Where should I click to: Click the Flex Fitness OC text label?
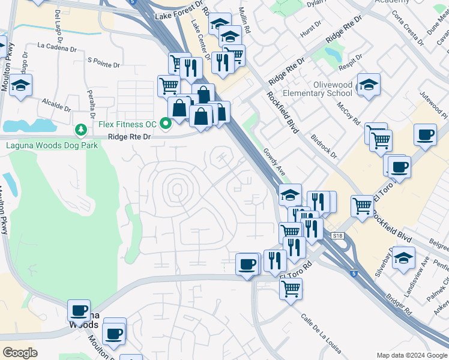coord(128,124)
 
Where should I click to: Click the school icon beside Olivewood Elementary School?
coord(368,85)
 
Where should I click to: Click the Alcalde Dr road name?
coord(56,105)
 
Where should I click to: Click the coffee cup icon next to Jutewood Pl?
coord(425,135)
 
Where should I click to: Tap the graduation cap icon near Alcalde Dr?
coord(20,85)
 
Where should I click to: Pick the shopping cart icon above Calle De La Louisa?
coord(291,289)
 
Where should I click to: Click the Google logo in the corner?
coord(20,353)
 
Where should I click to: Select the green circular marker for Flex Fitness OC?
coord(166,124)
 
